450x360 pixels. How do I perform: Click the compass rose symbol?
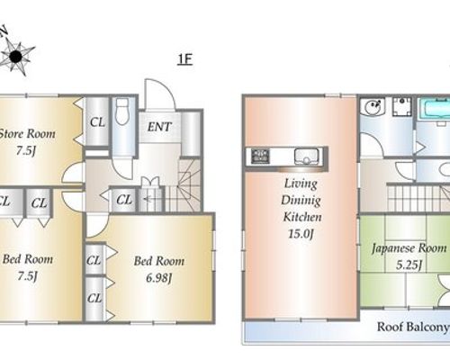pyautogui.click(x=15, y=56)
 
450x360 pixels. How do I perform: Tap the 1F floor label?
pyautogui.click(x=184, y=59)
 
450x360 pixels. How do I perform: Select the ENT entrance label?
pyautogui.click(x=159, y=127)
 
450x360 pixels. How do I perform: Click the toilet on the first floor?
pyautogui.click(x=122, y=112)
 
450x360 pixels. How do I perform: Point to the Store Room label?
pyautogui.click(x=27, y=134)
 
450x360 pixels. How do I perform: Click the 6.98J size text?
pyautogui.click(x=158, y=278)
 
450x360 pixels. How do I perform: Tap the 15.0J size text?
pyautogui.click(x=301, y=233)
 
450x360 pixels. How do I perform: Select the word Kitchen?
pyautogui.click(x=302, y=217)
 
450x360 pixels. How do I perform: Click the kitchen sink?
pyautogui.click(x=306, y=156)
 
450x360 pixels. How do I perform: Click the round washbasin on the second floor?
pyautogui.click(x=373, y=106)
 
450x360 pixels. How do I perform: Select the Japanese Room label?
pyautogui.click(x=409, y=248)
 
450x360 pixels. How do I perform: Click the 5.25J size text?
pyautogui.click(x=409, y=265)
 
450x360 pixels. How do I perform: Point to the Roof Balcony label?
pyautogui.click(x=413, y=327)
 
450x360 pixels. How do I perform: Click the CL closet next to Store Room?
pyautogui.click(x=97, y=122)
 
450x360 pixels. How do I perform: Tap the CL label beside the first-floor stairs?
pyautogui.click(x=124, y=200)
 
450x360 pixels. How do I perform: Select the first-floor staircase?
pyautogui.click(x=183, y=185)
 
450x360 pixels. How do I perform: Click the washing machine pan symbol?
pyautogui.click(x=402, y=107)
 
